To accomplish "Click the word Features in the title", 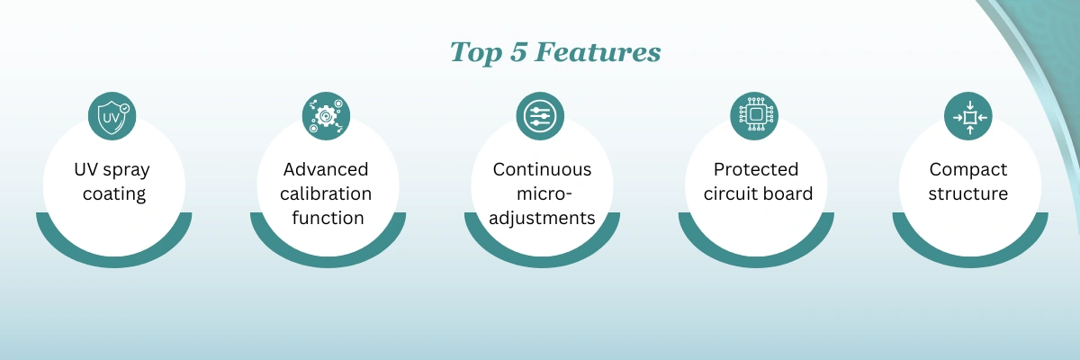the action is coord(598,52).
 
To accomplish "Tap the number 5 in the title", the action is coord(517,52).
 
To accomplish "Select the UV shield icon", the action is coord(112,116).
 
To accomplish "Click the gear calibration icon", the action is coord(326,116).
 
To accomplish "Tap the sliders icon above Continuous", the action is coord(540,116).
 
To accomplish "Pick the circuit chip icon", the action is coord(754,116).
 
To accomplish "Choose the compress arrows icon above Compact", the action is coord(968,116).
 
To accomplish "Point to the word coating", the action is coord(114,194).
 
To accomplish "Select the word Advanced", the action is coord(326,169).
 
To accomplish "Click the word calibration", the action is coord(326,193).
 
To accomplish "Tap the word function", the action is coord(328,218).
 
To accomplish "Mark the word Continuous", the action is coord(542,169).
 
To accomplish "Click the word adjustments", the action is coord(542,219).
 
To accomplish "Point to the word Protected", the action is coord(756,169).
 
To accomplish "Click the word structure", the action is coord(968,193).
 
